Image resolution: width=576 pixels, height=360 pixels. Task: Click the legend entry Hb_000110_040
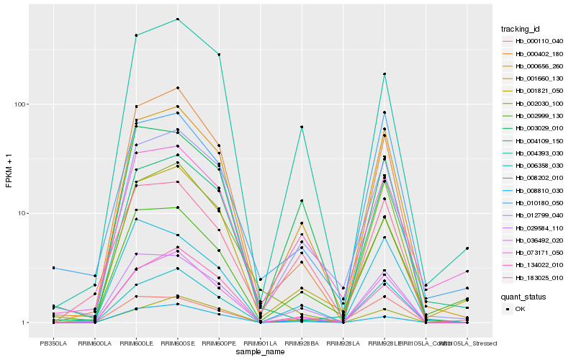pyautogui.click(x=534, y=41)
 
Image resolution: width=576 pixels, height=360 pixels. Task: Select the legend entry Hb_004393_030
pyautogui.click(x=534, y=153)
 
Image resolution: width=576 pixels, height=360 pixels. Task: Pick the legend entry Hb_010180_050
pyautogui.click(x=534, y=203)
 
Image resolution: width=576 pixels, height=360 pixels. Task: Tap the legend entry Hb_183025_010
pyautogui.click(x=534, y=278)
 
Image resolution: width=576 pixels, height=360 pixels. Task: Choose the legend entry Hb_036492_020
pyautogui.click(x=534, y=240)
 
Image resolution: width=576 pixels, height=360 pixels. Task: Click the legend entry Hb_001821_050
pyautogui.click(x=534, y=91)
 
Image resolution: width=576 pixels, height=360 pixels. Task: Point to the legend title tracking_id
pyautogui.click(x=521, y=29)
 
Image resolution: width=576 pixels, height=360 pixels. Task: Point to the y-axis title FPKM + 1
pyautogui.click(x=9, y=171)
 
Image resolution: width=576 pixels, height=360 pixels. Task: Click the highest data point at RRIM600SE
pyautogui.click(x=177, y=19)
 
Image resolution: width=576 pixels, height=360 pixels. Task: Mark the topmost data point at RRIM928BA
pyautogui.click(x=302, y=127)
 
